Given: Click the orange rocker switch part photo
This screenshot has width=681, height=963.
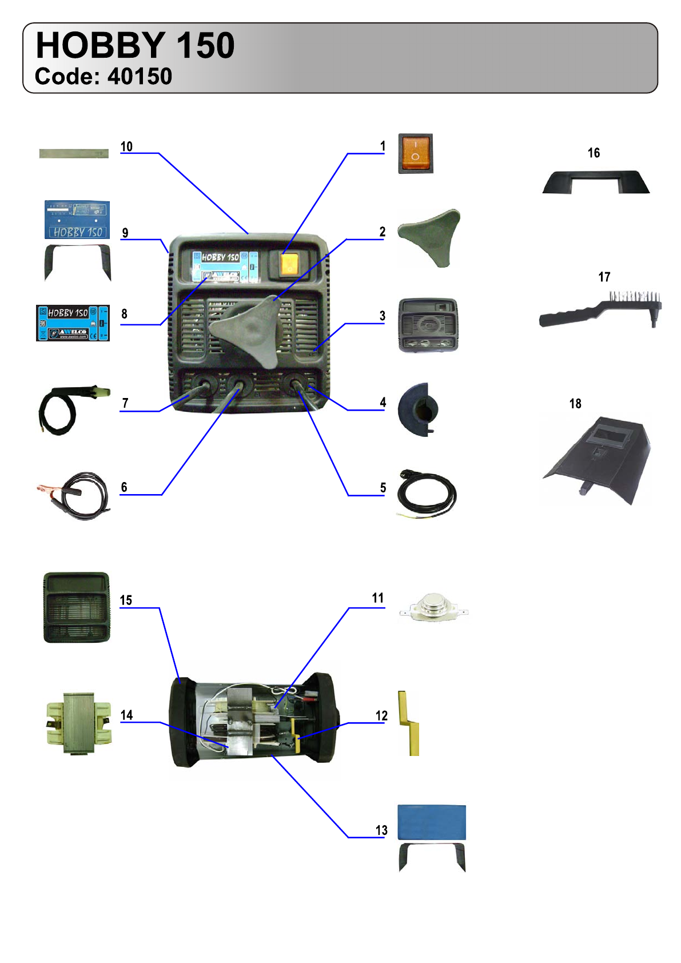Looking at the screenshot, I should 416,153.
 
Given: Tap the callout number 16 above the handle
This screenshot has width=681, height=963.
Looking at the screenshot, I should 594,153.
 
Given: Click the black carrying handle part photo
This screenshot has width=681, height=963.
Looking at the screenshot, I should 596,182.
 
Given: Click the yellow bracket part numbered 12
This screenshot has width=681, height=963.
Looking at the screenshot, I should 409,723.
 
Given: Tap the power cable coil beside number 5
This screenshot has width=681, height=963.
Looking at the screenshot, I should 427,495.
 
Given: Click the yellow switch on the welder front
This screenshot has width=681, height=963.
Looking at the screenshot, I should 289,264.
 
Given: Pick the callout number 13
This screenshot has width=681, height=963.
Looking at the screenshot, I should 381,830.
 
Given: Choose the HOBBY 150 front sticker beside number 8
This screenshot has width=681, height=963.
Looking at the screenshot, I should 73,323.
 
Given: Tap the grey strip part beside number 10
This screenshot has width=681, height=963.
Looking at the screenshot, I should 74,153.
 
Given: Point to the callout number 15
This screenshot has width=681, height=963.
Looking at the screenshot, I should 126,600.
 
